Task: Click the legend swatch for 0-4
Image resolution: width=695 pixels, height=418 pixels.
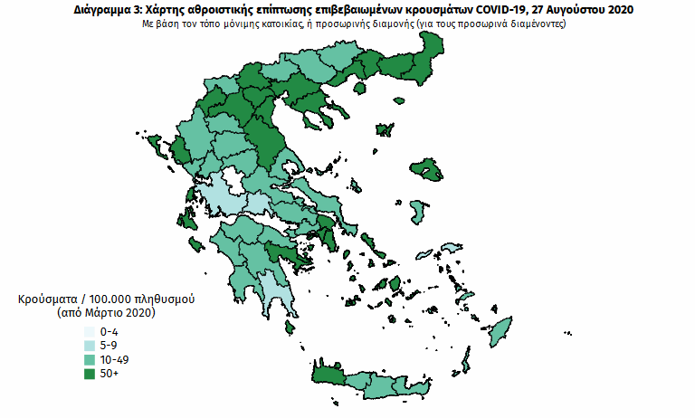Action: pos(90,332)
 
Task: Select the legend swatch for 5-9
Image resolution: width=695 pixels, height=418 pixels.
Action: pos(90,346)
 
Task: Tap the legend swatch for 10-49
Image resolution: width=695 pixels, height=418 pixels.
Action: pos(90,359)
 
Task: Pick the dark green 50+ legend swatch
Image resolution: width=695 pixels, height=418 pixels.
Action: pos(90,373)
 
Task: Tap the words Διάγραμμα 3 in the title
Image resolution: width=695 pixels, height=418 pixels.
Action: pos(105,9)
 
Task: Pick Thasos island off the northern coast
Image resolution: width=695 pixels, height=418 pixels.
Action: pos(360,88)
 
